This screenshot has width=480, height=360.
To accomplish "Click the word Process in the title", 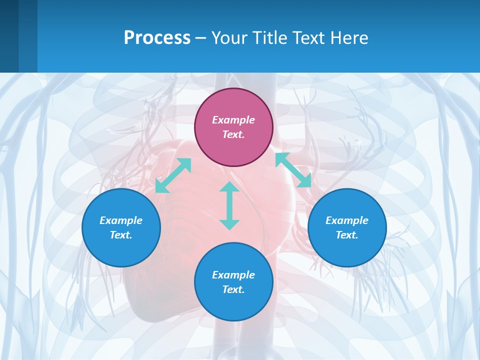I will pyautogui.click(x=157, y=38).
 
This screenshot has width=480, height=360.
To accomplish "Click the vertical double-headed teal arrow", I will pyautogui.click(x=229, y=205).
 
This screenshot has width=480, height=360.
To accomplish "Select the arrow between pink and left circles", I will pyautogui.click(x=173, y=175).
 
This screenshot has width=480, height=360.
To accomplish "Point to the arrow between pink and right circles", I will pyautogui.click(x=293, y=170).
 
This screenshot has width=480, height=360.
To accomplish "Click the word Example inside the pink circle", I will pyautogui.click(x=233, y=120).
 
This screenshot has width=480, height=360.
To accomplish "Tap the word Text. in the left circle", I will pyautogui.click(x=121, y=235).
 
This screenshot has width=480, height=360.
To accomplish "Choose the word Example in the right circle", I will pyautogui.click(x=347, y=220).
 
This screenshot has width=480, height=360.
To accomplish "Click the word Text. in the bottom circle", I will pyautogui.click(x=233, y=289).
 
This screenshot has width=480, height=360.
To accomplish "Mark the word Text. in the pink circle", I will pyautogui.click(x=233, y=134).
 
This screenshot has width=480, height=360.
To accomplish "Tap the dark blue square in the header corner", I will pyautogui.click(x=9, y=36).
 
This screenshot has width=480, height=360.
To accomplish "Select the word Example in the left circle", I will pyautogui.click(x=121, y=220).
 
